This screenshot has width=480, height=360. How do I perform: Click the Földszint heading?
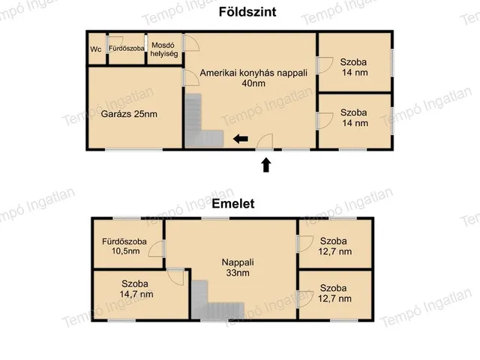pos(239,12)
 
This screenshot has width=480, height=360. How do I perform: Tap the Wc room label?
pos(96,49)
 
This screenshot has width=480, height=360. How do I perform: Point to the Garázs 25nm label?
pos(129,115)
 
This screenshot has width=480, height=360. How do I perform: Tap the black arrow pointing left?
pos(240,138)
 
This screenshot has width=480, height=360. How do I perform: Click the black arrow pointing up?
pos(265,164)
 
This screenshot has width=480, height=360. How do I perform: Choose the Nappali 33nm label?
pos(237,268)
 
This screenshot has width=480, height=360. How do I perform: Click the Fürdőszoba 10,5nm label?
pos(121,247)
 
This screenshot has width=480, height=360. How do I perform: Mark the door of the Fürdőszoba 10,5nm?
pos(157,248)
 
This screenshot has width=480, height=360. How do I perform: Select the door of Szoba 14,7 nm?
pos(176,275)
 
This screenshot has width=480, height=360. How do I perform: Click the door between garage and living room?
pos(187,76)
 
